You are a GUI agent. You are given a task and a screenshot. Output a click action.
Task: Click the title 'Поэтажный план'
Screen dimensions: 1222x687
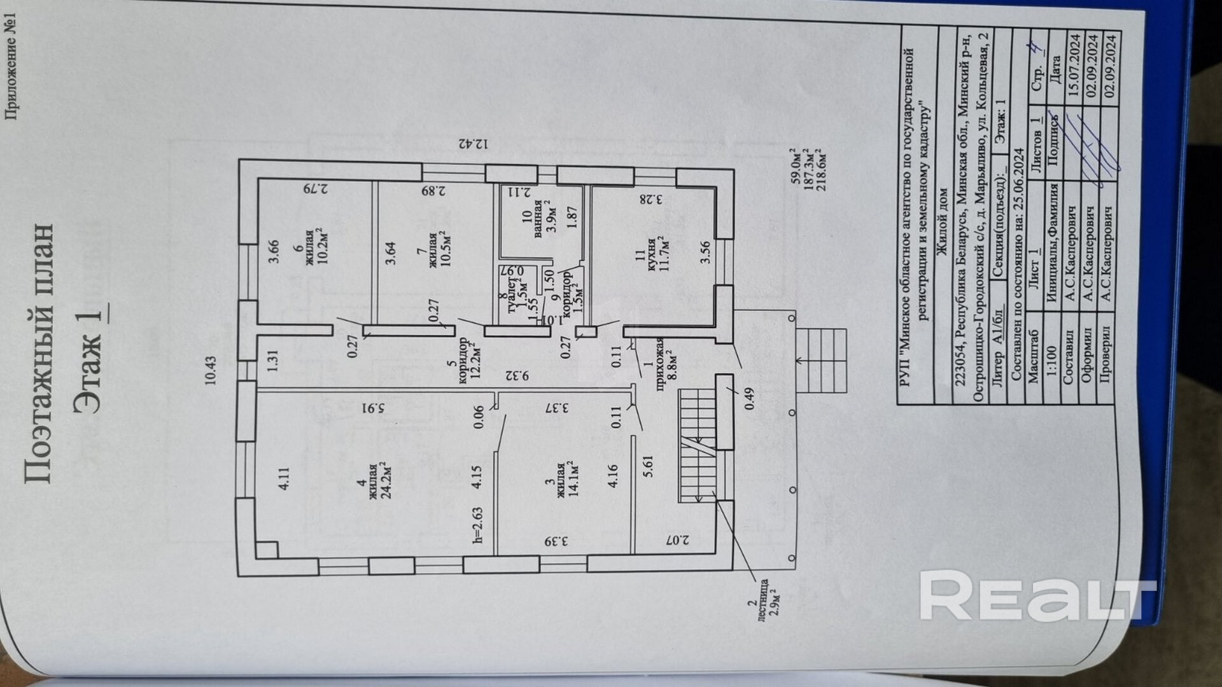click(38, 353)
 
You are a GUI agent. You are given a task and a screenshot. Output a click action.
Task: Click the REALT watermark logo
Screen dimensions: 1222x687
click(1037, 595)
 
